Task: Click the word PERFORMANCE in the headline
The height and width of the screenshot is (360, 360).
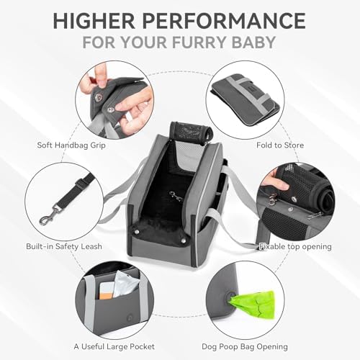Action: point(224,20)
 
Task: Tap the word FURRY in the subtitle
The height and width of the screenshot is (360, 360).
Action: point(199,42)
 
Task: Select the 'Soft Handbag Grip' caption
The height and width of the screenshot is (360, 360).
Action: point(71,145)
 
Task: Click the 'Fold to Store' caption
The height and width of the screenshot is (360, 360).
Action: point(280,145)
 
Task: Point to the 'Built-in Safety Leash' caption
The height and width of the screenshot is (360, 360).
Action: point(64,246)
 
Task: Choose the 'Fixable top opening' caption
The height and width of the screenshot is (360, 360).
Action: point(295,247)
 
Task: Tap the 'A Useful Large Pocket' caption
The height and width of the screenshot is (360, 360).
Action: point(114,346)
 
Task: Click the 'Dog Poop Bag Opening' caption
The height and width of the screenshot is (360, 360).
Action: point(245,347)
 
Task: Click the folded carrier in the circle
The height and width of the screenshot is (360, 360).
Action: point(246,99)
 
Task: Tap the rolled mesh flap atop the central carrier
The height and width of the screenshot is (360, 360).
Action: point(191,132)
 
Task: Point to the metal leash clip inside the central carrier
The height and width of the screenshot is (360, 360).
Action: point(176,196)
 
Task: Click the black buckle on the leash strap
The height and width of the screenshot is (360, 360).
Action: point(81,184)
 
